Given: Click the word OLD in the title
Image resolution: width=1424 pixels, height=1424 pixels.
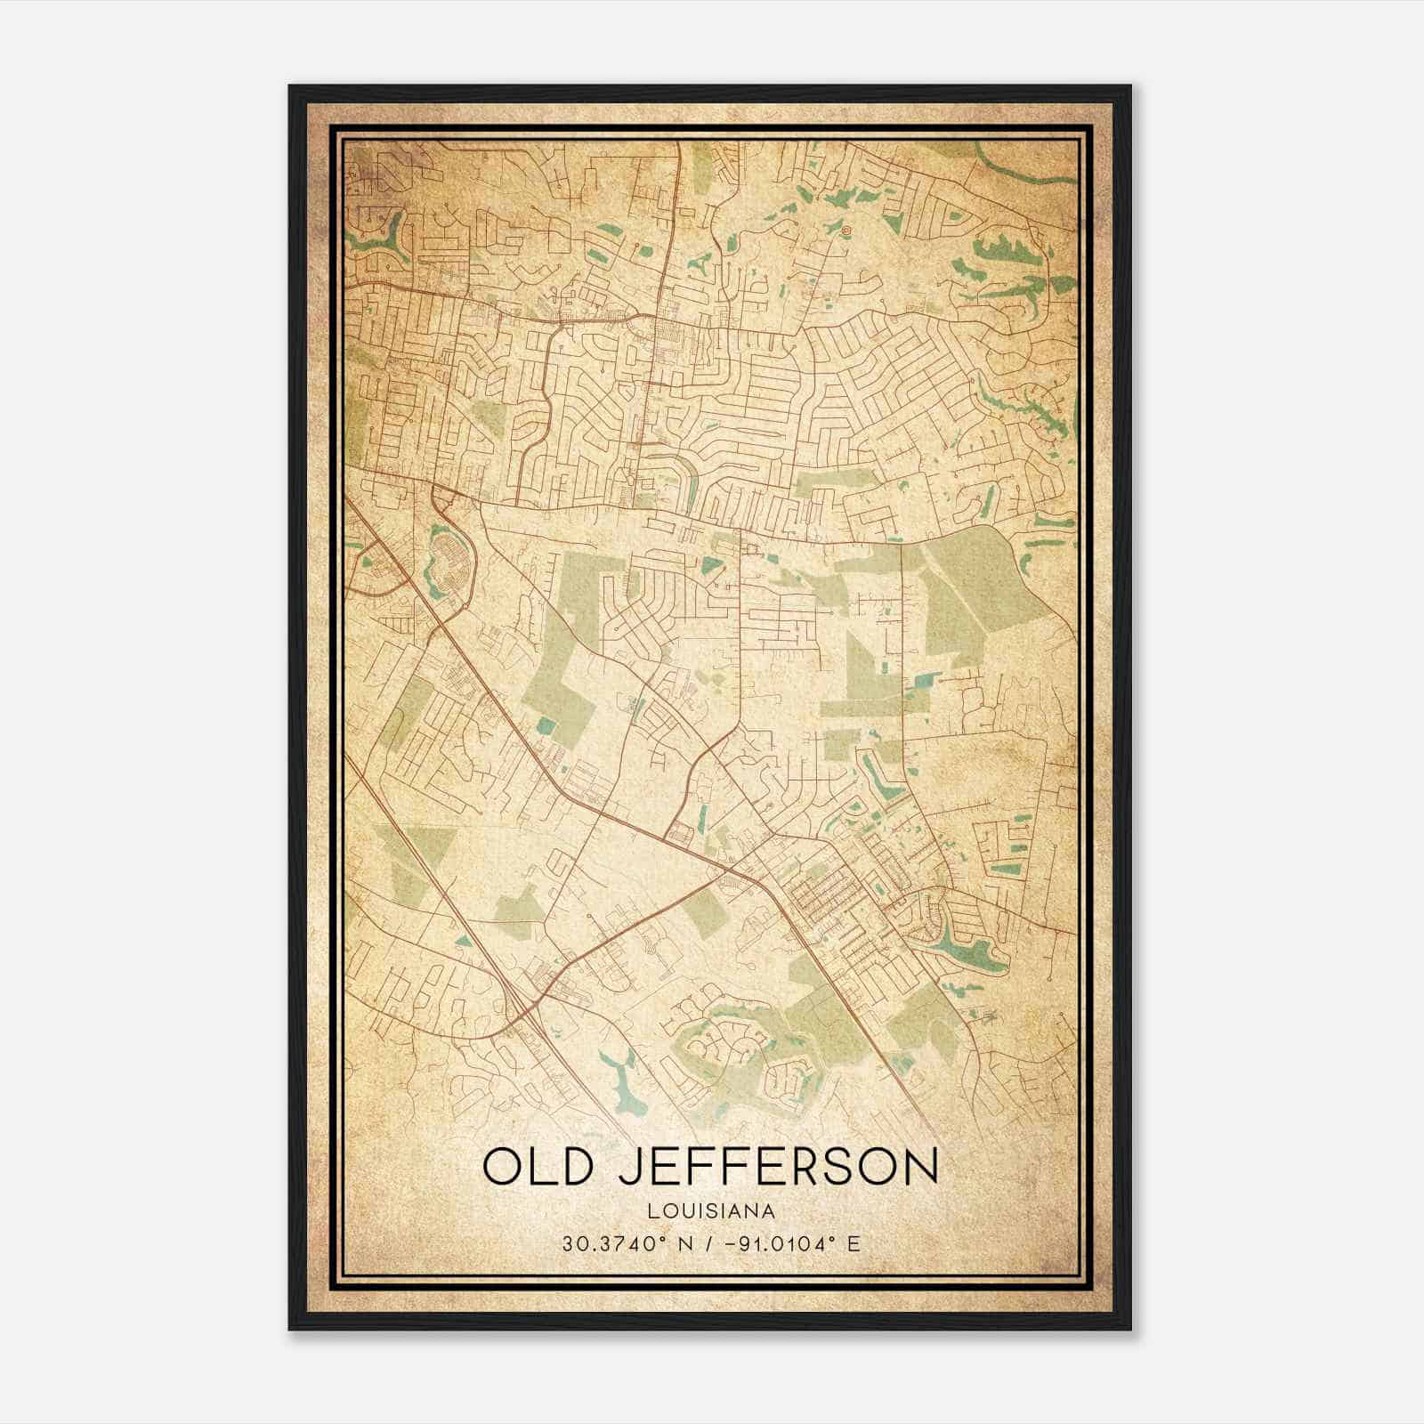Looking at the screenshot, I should click(537, 1168).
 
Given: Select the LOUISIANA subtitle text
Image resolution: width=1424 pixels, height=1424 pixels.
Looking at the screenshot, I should click(711, 1211).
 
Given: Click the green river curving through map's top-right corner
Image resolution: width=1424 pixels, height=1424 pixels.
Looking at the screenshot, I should click(1023, 166).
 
